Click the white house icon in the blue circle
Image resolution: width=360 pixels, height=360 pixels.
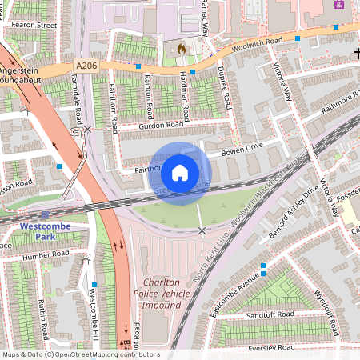[x=180, y=171]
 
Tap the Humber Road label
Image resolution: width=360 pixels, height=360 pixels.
[x=46, y=257]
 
